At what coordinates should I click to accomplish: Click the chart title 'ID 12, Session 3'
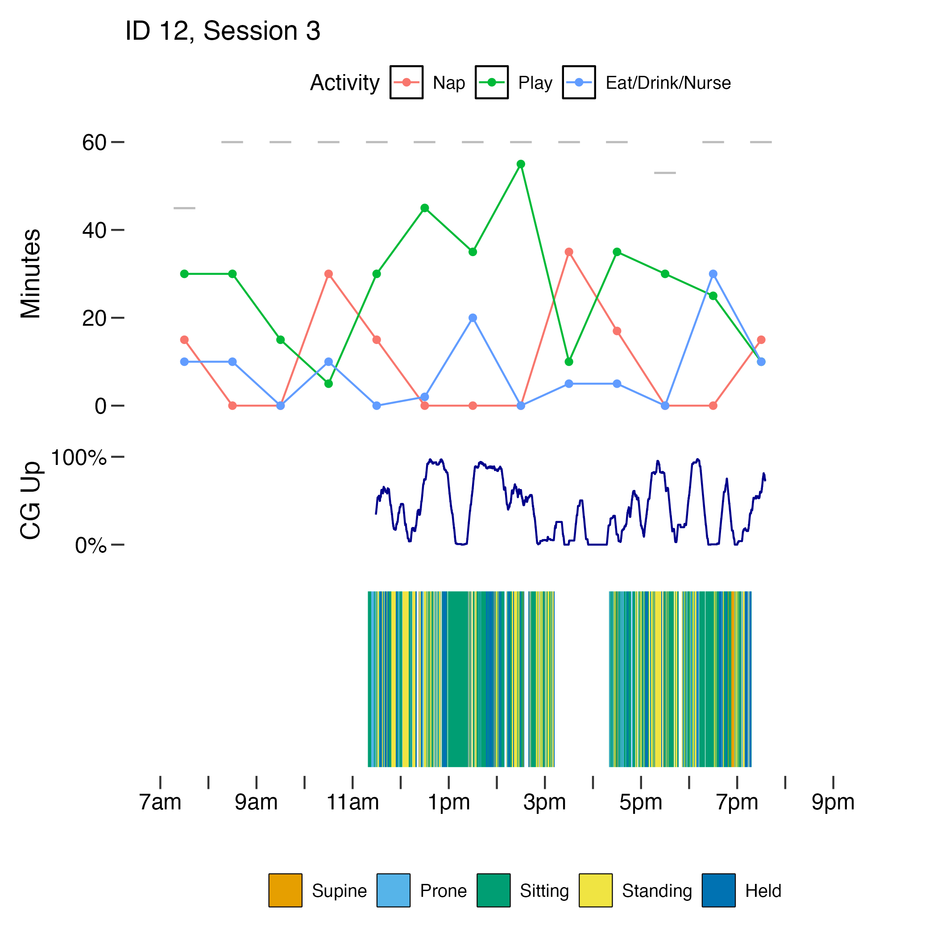(223, 31)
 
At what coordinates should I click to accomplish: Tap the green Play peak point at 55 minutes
(521, 164)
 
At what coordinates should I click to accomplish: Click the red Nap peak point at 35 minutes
(569, 252)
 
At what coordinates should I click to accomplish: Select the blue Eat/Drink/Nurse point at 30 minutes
(713, 274)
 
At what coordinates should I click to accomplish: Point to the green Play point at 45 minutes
(425, 208)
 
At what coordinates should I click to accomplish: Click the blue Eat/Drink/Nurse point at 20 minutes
(473, 318)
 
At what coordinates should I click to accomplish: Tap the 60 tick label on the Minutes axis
(94, 143)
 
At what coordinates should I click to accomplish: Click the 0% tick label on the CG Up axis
(91, 546)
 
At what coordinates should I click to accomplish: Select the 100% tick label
(79, 458)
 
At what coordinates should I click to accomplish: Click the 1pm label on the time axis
(448, 803)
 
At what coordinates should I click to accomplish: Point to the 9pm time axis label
(833, 803)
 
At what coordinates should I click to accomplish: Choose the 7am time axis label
(160, 803)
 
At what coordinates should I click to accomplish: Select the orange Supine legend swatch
(286, 891)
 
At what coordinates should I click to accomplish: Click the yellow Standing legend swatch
(596, 891)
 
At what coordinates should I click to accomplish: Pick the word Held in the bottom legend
(763, 891)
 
